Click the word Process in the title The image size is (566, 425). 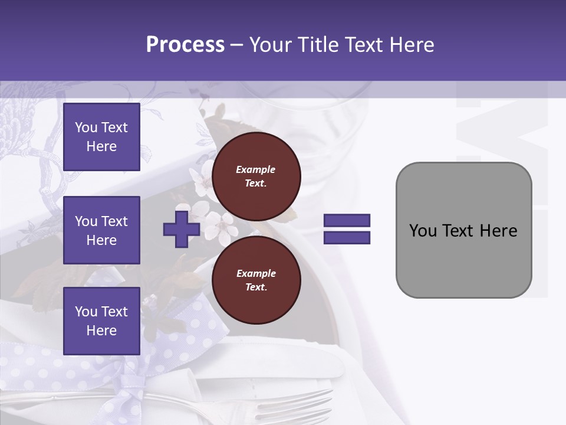click(185, 45)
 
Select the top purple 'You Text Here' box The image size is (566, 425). click(101, 137)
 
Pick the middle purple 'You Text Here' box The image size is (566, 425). click(101, 230)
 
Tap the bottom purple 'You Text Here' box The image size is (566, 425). click(101, 321)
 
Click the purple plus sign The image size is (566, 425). click(182, 229)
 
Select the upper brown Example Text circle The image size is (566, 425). click(256, 176)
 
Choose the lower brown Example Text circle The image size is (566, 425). click(256, 280)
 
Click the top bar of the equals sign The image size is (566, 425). click(347, 221)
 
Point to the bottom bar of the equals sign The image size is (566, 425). click(347, 237)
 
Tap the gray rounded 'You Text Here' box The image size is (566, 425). click(463, 260)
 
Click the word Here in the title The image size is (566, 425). click(411, 45)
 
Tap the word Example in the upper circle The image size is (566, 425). click(256, 169)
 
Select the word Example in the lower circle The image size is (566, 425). click(256, 273)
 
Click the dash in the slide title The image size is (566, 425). click(236, 45)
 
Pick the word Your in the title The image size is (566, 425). click(272, 45)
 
